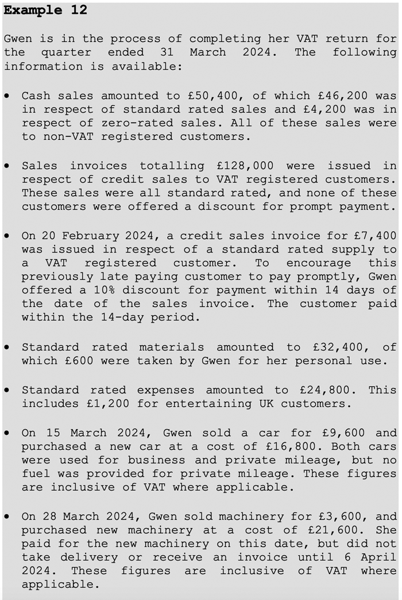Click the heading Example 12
(45, 10)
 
